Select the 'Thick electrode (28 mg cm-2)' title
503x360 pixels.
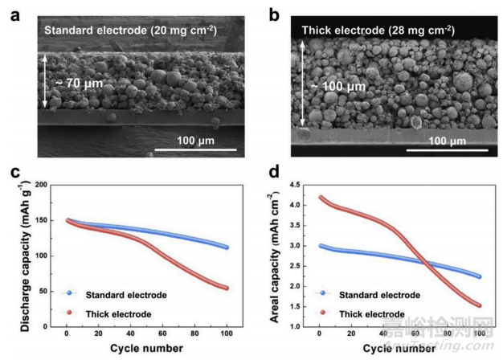[378, 31]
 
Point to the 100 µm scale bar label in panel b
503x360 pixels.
[446, 141]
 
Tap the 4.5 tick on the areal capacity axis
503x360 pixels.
[307, 185]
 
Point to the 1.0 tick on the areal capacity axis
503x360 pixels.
[307, 326]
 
